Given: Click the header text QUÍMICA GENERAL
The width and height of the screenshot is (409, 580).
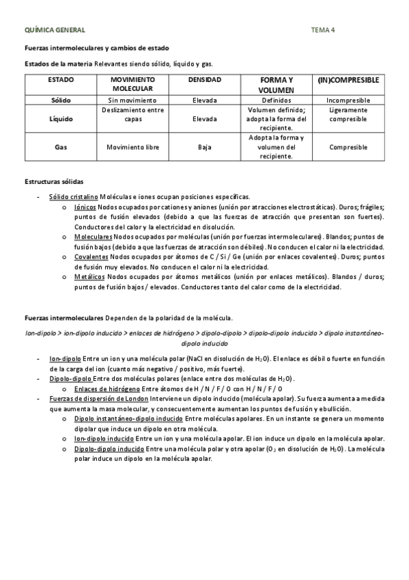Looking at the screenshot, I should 55,30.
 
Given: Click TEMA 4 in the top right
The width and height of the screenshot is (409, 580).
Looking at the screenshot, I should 323,30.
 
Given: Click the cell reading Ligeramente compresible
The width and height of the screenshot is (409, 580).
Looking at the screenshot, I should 348,114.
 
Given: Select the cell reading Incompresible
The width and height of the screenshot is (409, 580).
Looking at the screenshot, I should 348,100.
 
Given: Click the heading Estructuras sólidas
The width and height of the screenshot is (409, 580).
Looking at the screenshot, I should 54,181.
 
